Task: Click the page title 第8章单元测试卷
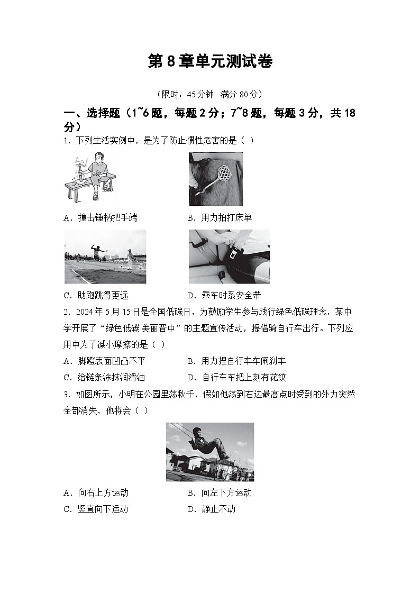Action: [x=210, y=62]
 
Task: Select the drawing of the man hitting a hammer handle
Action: [x=90, y=178]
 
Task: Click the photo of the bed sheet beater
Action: [x=215, y=179]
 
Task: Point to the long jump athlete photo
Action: [x=105, y=257]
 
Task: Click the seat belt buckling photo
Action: [x=229, y=257]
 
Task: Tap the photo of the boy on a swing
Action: [x=209, y=451]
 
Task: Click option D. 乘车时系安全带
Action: [x=224, y=295]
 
